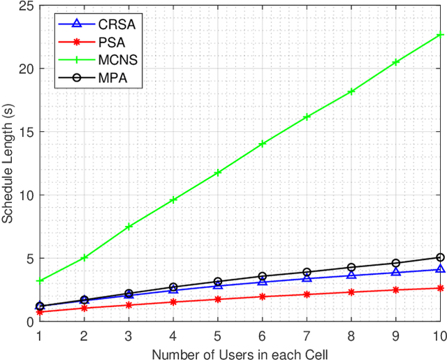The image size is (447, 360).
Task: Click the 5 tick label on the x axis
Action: pyautogui.click(x=217, y=335)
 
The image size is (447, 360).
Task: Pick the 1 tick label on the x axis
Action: pyautogui.click(x=39, y=335)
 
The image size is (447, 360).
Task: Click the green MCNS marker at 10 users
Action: pyautogui.click(x=440, y=35)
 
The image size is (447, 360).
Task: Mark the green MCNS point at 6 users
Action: pyautogui.click(x=262, y=144)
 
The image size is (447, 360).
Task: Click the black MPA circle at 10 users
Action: pyautogui.click(x=440, y=257)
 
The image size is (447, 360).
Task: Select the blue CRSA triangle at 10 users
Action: pyautogui.click(x=440, y=269)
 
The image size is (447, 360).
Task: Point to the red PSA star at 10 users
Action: pyautogui.click(x=440, y=288)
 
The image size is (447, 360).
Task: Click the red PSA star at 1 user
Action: pyautogui.click(x=39, y=313)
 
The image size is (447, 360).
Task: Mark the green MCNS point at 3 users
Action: pyautogui.click(x=129, y=227)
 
